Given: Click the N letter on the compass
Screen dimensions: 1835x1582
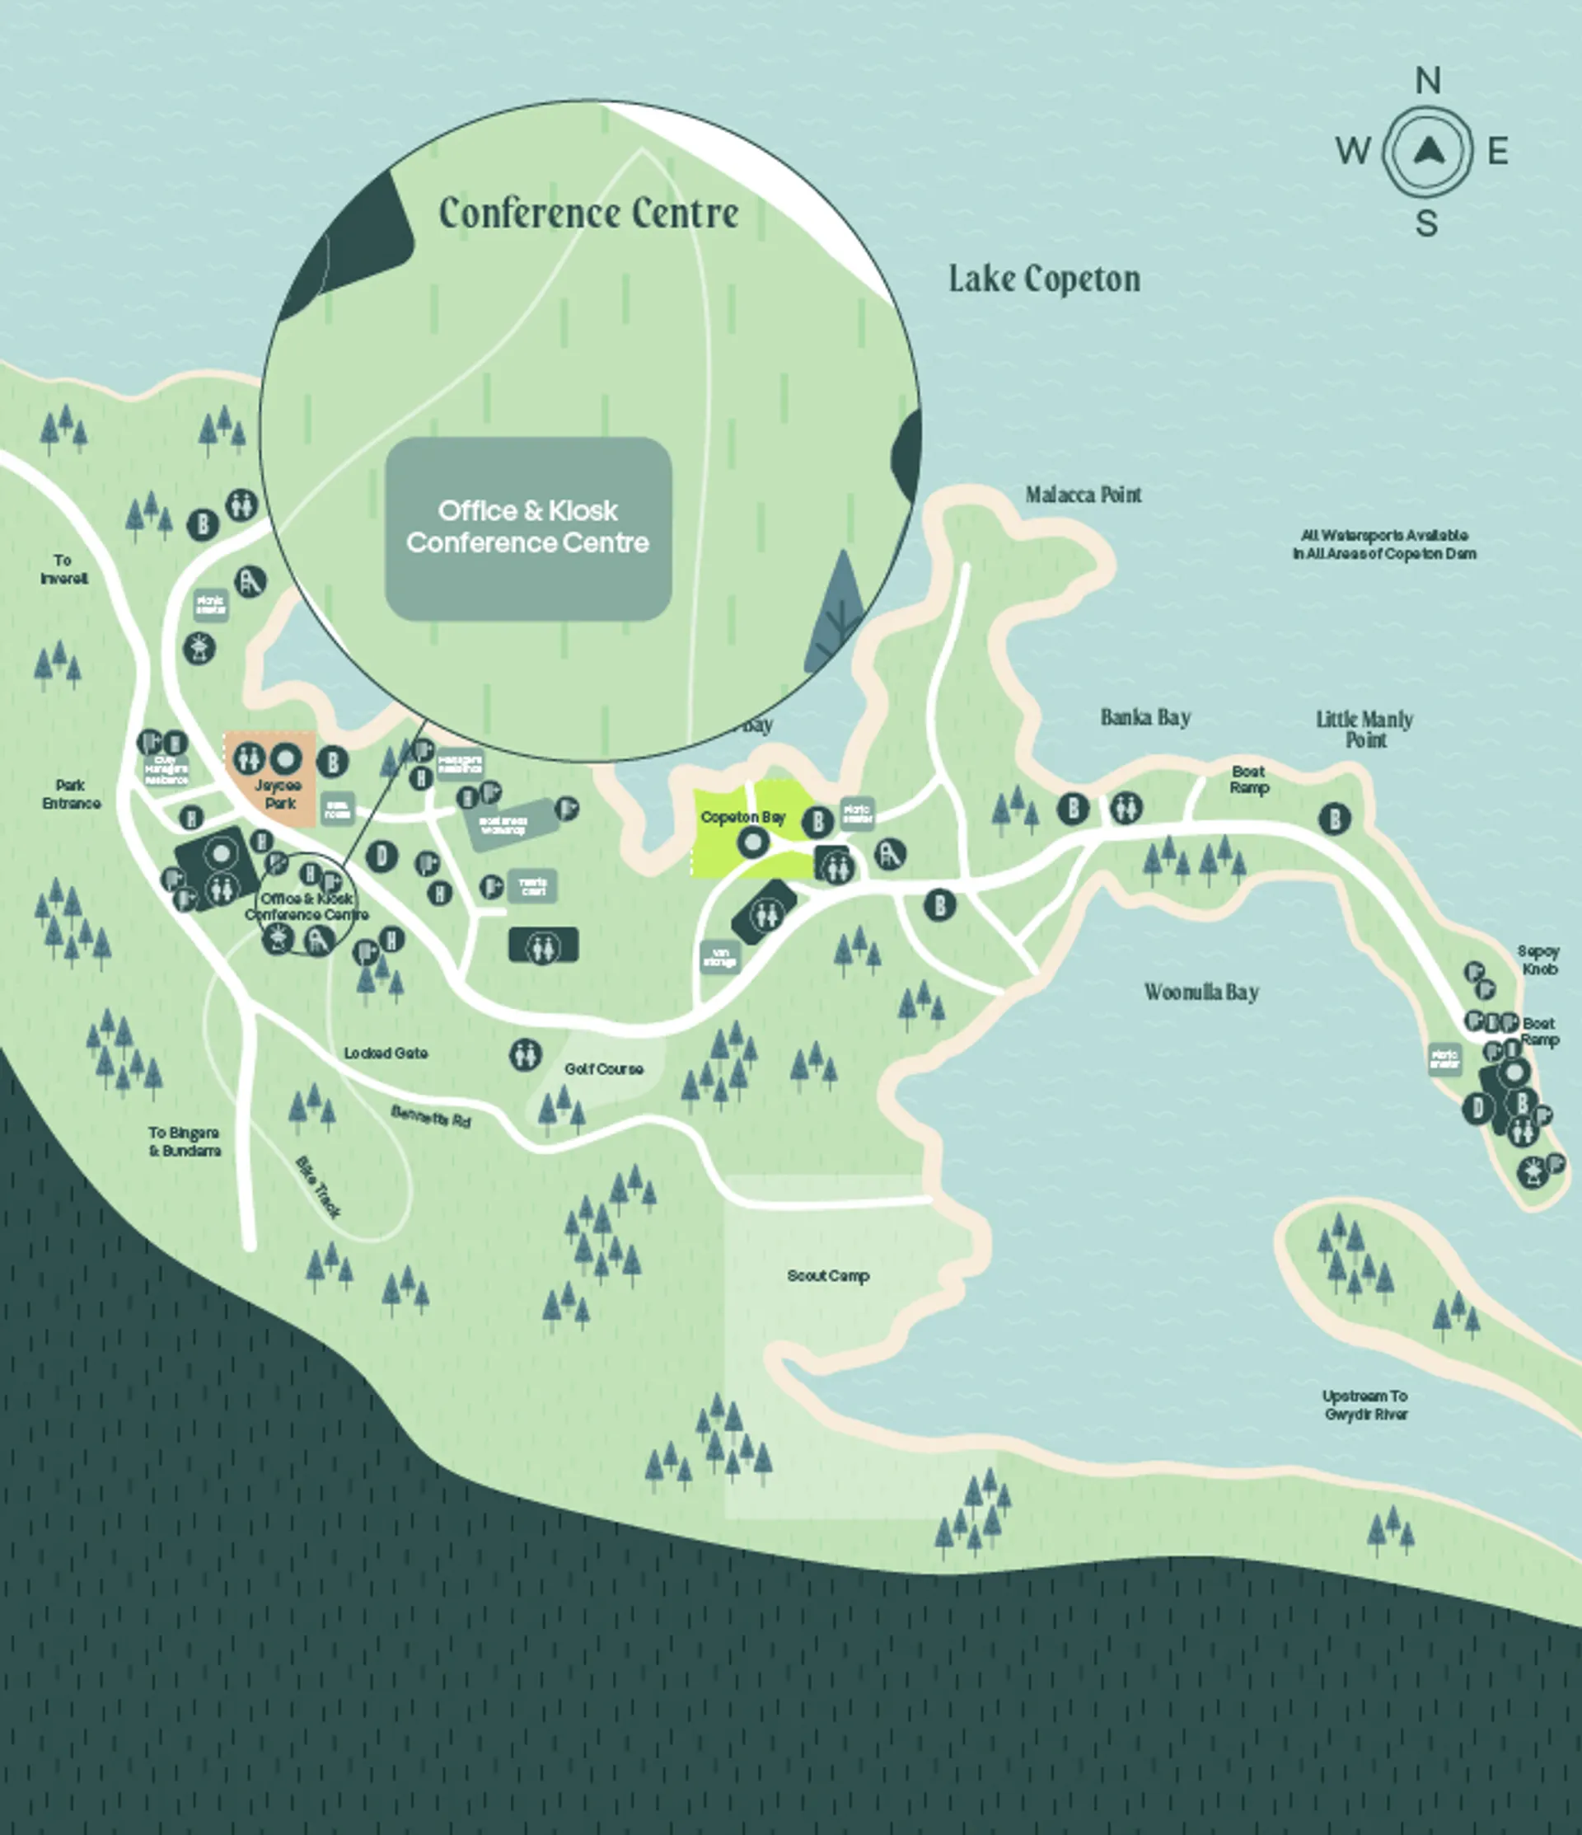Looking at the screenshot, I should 1426,82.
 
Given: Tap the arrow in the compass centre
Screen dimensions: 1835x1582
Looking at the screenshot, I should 1427,152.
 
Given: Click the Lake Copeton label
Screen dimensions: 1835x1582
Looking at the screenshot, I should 1044,279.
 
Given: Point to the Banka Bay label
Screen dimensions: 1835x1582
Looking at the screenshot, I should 1144,716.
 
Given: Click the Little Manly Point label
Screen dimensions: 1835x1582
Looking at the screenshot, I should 1364,729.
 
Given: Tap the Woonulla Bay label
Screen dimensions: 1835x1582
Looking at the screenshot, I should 1201,992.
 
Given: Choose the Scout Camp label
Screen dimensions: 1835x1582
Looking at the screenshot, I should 828,1275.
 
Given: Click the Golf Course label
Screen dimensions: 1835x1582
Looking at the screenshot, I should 603,1069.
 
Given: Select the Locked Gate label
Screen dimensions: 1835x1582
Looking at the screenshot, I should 385,1053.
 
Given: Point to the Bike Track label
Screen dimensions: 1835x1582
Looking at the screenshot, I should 318,1187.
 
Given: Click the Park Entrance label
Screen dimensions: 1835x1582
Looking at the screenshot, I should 71,795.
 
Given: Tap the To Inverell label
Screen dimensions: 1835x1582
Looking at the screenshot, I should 63,570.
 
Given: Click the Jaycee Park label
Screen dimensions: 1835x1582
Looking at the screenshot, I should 278,795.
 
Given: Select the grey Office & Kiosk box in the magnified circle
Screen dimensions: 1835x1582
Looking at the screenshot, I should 527,528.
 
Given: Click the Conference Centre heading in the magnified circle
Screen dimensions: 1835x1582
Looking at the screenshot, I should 587,214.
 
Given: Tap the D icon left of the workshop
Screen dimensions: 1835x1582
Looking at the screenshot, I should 381,856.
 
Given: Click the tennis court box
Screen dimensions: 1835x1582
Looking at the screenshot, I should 532,886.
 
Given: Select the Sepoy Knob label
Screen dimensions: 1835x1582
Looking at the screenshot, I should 1538,960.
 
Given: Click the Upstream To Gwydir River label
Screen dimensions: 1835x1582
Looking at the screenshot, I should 1364,1405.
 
